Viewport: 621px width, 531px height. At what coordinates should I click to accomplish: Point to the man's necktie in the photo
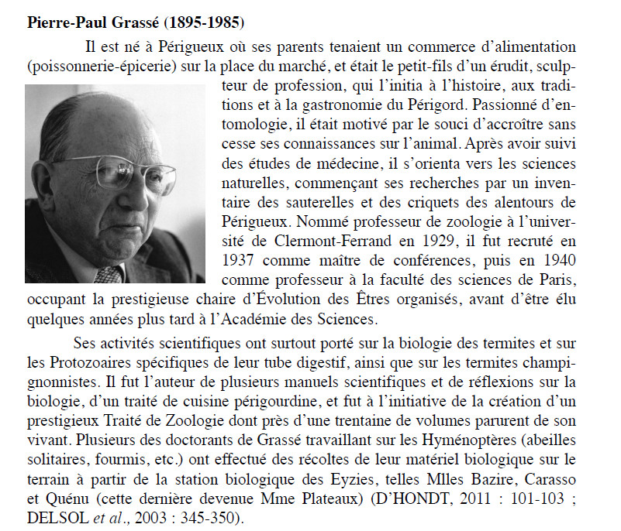109,274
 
